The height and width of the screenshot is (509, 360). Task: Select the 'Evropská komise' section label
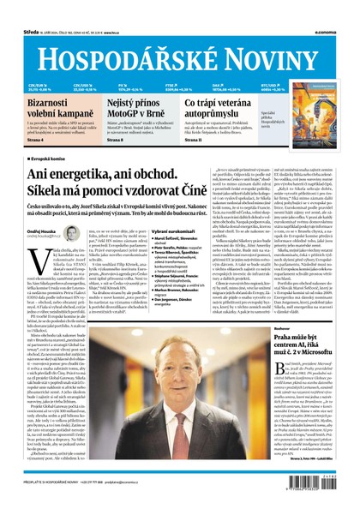tap(43, 159)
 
